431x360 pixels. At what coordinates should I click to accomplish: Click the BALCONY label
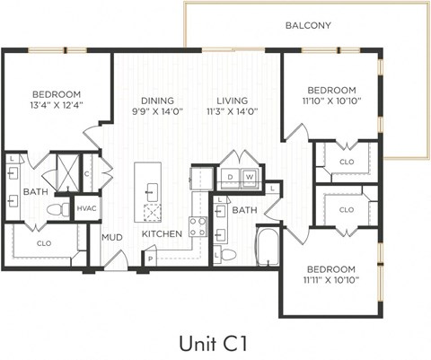(x=308, y=26)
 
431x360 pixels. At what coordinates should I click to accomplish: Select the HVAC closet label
(x=86, y=208)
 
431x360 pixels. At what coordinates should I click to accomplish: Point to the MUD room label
(x=111, y=238)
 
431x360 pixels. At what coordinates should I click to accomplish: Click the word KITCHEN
(x=162, y=234)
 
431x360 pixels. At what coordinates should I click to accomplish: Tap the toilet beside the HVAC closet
(x=60, y=210)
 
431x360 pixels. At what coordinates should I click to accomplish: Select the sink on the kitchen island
(x=152, y=190)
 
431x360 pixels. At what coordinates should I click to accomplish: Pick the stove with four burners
(x=197, y=227)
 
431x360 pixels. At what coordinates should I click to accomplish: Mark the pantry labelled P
(x=149, y=257)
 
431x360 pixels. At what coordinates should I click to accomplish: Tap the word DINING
(x=157, y=101)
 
